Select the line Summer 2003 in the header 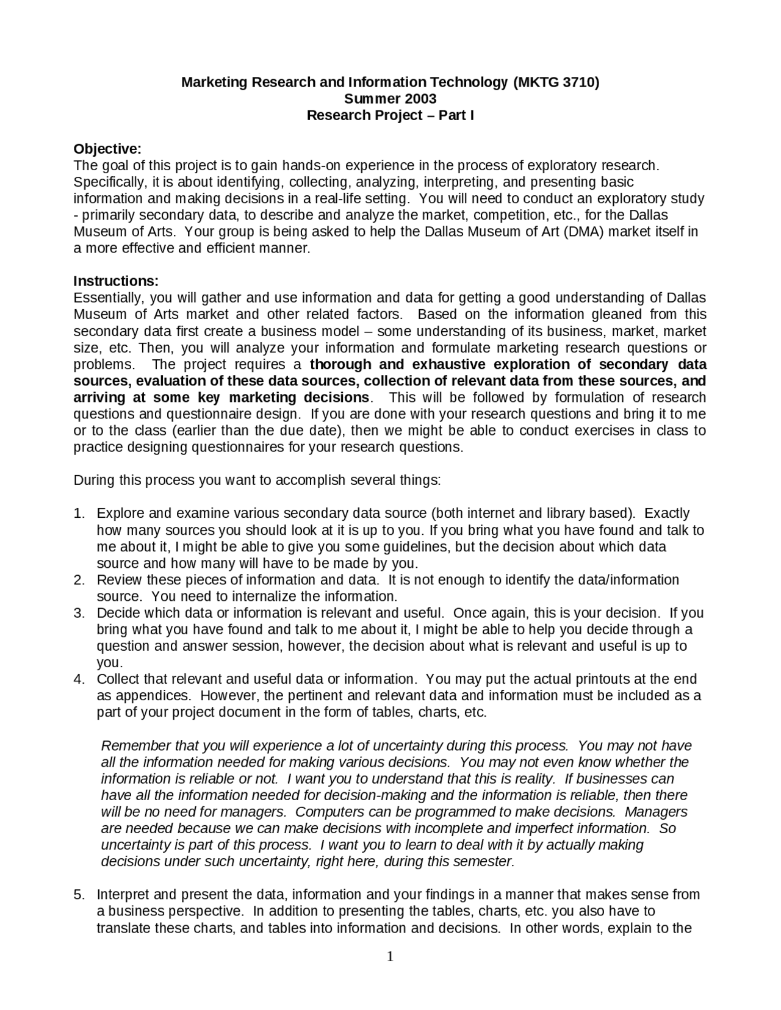tap(390, 99)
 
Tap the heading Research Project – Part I tap(390, 115)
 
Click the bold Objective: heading tap(107, 149)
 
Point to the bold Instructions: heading tap(116, 281)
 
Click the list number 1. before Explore tap(79, 514)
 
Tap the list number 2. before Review tap(79, 580)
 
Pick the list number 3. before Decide tap(79, 613)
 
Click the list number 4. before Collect tap(79, 679)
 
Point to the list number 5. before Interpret tap(79, 895)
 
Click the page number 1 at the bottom tap(390, 957)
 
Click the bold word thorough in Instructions tap(340, 365)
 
